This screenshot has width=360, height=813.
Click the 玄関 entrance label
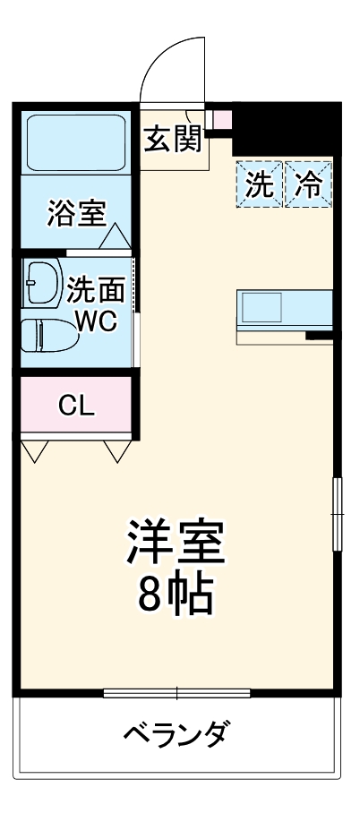pyautogui.click(x=174, y=141)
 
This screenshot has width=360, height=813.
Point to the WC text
pyautogui.click(x=96, y=321)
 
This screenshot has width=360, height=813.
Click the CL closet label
pyautogui.click(x=76, y=406)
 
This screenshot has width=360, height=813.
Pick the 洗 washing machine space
pyautogui.click(x=260, y=185)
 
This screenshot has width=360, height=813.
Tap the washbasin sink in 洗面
pyautogui.click(x=42, y=283)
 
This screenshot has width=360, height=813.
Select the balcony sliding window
pyautogui.click(x=176, y=693)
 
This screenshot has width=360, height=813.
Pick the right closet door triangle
pyautogui.click(x=116, y=451)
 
